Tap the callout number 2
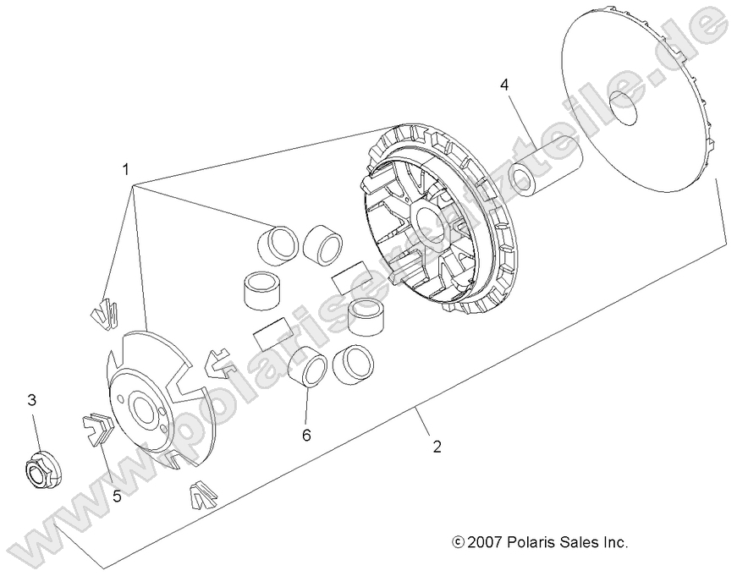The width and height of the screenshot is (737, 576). (x=437, y=447)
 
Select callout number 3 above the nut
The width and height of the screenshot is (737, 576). (x=33, y=399)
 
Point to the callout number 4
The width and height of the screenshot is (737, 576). (x=503, y=85)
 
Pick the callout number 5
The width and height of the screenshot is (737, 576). (x=117, y=496)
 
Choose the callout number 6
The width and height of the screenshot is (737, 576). (x=306, y=435)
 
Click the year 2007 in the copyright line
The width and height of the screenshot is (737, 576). (x=487, y=542)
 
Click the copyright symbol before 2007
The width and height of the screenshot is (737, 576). (x=459, y=543)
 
